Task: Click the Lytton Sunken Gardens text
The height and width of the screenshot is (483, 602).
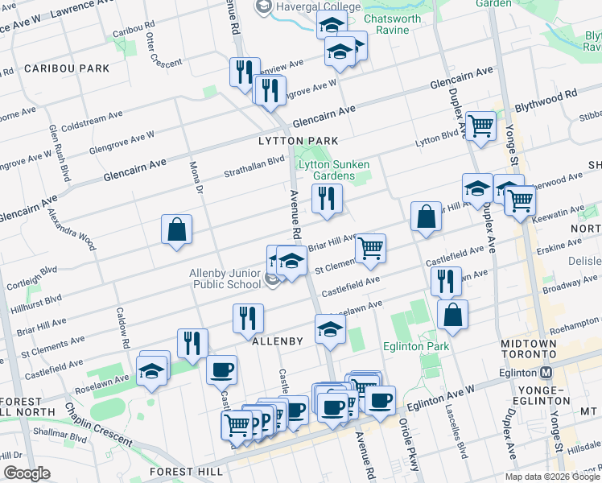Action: pos(326,170)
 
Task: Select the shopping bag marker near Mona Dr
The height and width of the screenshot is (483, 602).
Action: pos(176,229)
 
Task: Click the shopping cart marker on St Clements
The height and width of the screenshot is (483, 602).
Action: pos(370,248)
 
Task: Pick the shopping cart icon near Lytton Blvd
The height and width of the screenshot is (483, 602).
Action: pos(480,126)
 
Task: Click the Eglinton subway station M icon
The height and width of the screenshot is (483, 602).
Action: pos(546,373)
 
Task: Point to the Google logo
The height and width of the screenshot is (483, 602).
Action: pos(27,473)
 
